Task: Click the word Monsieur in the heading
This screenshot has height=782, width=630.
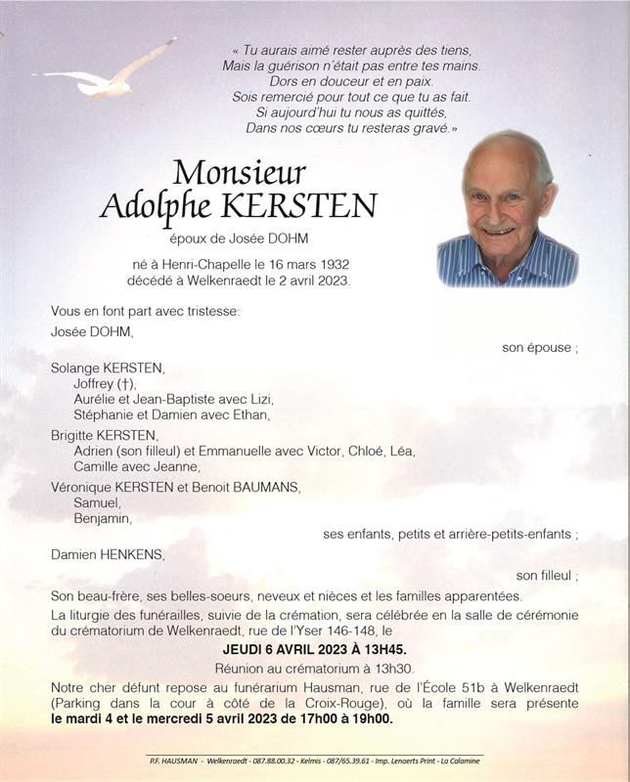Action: pyautogui.click(x=239, y=172)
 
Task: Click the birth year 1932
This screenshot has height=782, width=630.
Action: pyautogui.click(x=333, y=265)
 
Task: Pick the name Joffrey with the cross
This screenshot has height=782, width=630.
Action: pyautogui.click(x=105, y=383)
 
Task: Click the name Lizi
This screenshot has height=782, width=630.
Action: pyautogui.click(x=259, y=399)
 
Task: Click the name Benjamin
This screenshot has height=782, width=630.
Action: pyautogui.click(x=103, y=518)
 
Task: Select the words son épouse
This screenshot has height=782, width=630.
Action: pyautogui.click(x=539, y=347)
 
